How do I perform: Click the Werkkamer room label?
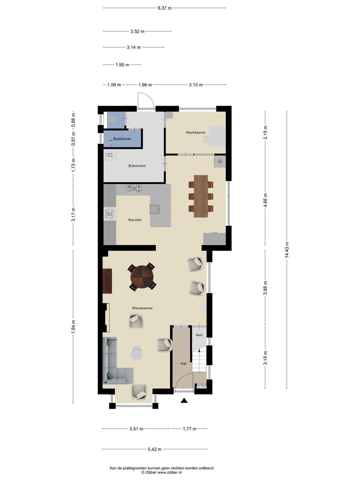tap(196, 132)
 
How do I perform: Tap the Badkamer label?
tap(122, 139)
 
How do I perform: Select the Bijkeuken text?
tap(137, 166)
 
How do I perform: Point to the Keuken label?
tap(135, 220)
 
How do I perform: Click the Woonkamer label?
tap(142, 308)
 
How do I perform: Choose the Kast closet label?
tap(199, 335)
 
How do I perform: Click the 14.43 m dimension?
tap(287, 250)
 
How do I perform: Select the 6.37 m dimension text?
tap(165, 8)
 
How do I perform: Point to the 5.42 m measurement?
tap(155, 449)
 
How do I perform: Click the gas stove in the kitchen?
tap(134, 189)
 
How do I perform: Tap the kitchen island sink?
tap(155, 209)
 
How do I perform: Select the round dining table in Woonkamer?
tap(142, 277)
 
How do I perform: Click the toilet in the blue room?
tap(112, 119)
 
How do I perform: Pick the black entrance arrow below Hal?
tap(184, 400)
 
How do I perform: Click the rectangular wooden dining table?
tap(201, 196)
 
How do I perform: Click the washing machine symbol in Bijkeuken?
tap(109, 155)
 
